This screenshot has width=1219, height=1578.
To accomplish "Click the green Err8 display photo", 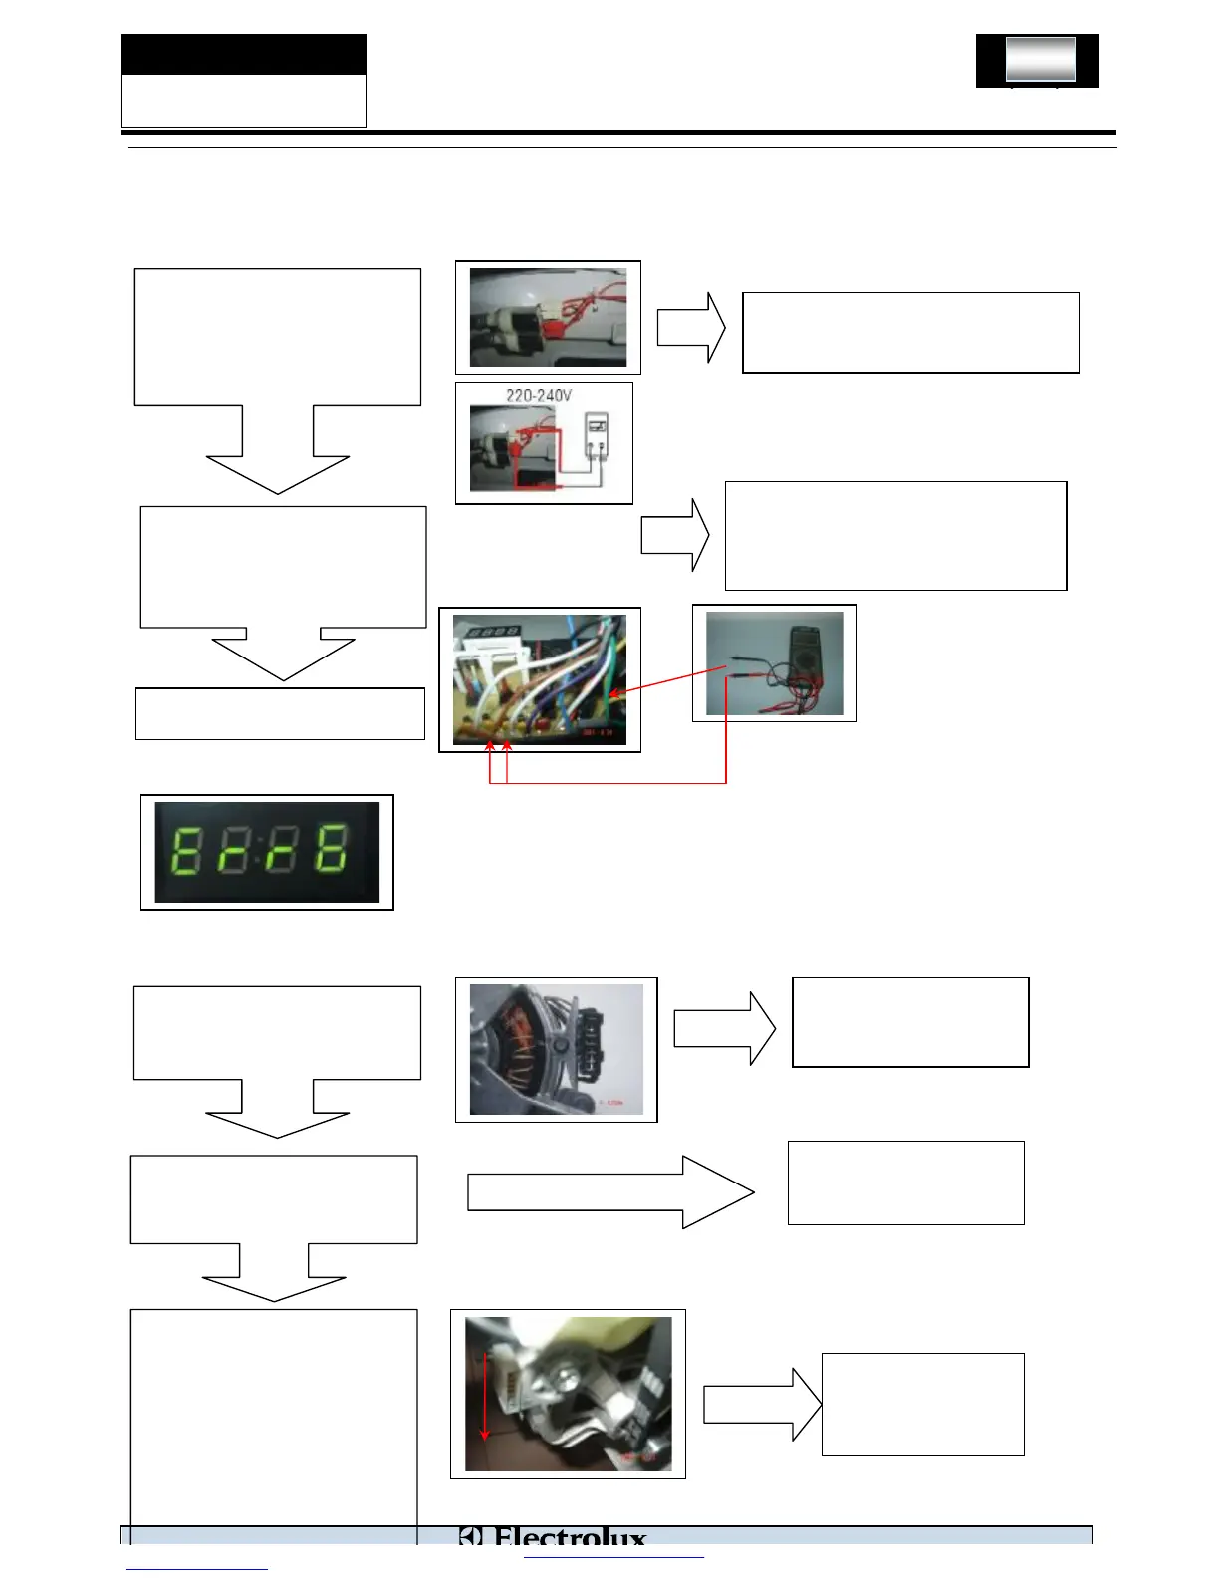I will [x=267, y=852].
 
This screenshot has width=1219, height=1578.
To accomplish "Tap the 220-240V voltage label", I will [x=539, y=395].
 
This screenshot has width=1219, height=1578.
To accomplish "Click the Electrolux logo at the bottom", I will [x=554, y=1538].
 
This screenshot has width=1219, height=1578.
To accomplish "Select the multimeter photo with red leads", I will [x=774, y=663].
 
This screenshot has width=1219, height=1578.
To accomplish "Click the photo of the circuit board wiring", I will [x=540, y=679].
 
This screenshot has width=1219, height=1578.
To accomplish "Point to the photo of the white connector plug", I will [x=548, y=317].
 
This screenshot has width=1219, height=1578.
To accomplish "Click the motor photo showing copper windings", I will [x=556, y=1049].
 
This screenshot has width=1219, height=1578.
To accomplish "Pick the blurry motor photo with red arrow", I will [x=568, y=1394].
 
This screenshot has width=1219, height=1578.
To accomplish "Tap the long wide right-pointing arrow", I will [x=609, y=1192].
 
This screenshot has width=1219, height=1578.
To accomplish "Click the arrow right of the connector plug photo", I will [x=691, y=327].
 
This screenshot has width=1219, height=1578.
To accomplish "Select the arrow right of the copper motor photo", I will [x=724, y=1028].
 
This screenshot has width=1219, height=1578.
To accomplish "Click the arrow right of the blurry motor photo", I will [x=763, y=1405].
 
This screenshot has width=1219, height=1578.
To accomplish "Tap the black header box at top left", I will [x=244, y=55].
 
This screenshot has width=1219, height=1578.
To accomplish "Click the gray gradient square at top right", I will [x=1040, y=59].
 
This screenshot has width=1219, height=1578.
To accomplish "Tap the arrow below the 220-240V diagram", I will [x=675, y=535].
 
